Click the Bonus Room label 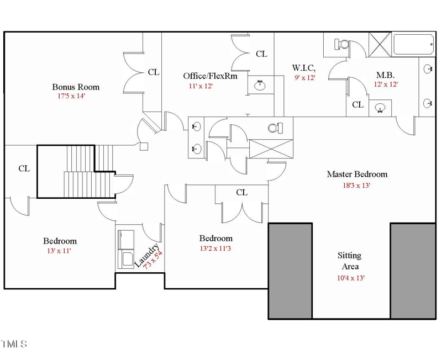76,87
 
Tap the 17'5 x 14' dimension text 71,96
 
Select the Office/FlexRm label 210,76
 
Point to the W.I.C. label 304,68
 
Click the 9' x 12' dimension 304,78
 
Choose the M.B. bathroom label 385,75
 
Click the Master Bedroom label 357,174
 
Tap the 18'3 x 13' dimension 356,186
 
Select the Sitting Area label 349,261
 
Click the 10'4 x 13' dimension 350,278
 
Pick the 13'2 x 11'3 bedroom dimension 216,248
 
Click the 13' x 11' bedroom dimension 59,251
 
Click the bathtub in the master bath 413,44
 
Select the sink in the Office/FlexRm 259,85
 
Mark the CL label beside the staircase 24,168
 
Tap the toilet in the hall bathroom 274,128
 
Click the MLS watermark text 14,345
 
